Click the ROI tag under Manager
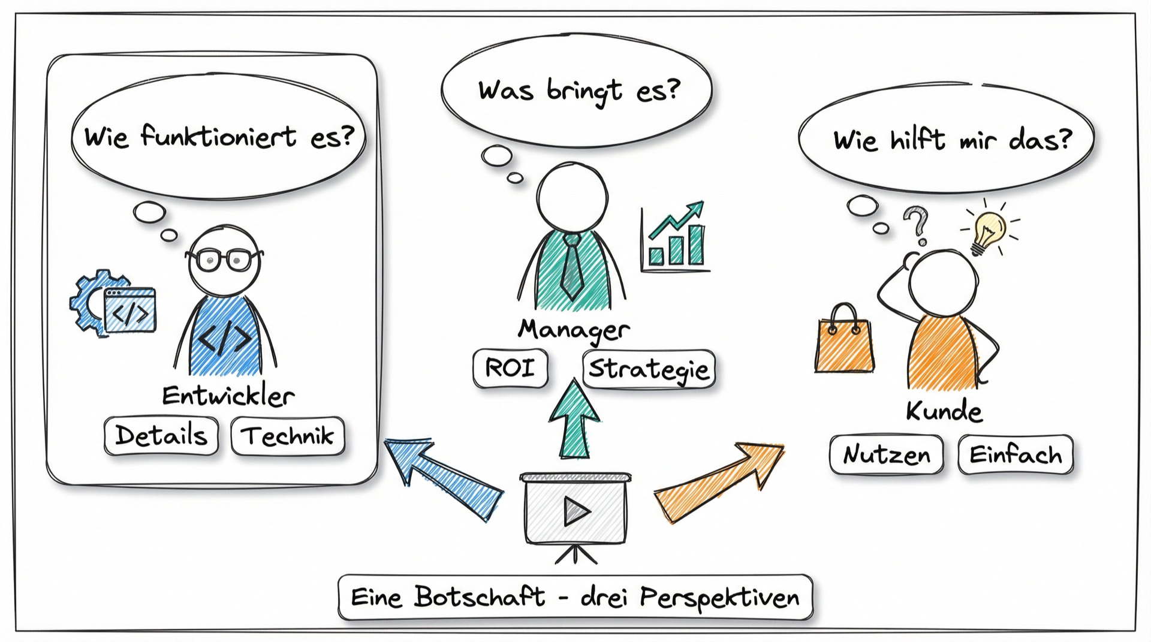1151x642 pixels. point(511,368)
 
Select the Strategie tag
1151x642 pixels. point(649,369)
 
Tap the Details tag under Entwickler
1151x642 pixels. point(161,436)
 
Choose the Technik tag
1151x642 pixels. point(288,436)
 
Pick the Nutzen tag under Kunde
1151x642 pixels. point(887,455)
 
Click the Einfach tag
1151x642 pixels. point(1016,455)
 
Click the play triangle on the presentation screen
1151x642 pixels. point(577,511)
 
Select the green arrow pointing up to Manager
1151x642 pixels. point(574,418)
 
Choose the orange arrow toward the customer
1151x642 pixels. point(718,482)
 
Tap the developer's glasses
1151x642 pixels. point(224,259)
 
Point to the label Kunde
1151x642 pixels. point(944,411)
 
